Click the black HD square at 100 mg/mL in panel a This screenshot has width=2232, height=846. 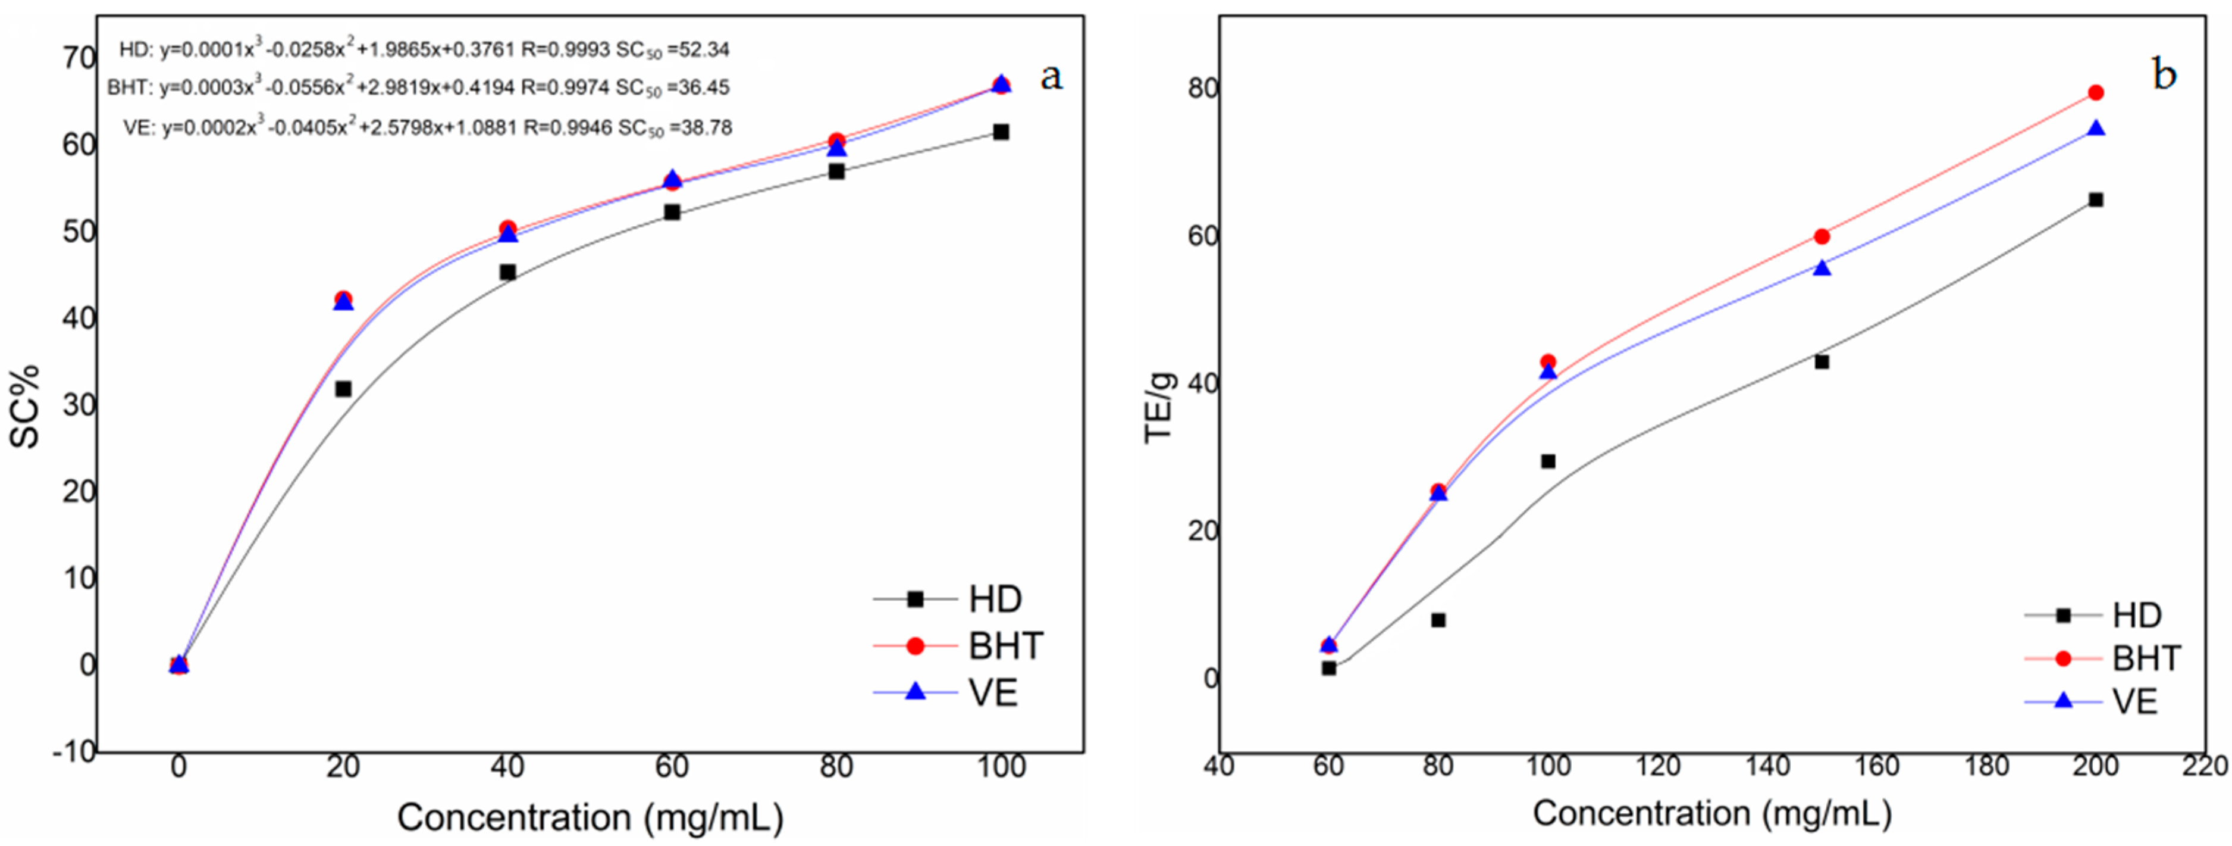[1001, 132]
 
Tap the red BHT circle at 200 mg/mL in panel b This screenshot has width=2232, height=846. [2096, 93]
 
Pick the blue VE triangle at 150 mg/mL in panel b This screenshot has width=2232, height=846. [1822, 268]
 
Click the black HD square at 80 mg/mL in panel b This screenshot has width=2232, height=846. [1438, 620]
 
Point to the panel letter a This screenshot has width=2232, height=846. [1051, 76]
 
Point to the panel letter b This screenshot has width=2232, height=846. [2164, 74]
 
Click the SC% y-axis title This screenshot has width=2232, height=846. [26, 405]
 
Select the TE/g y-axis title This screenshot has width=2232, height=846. [1159, 407]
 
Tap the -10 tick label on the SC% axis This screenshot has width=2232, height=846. [74, 751]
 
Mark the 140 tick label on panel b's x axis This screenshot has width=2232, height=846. [1767, 766]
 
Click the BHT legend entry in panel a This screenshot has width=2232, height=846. [1005, 646]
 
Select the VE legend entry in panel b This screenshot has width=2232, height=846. [2133, 701]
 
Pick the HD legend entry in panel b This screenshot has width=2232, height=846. [2137, 616]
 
